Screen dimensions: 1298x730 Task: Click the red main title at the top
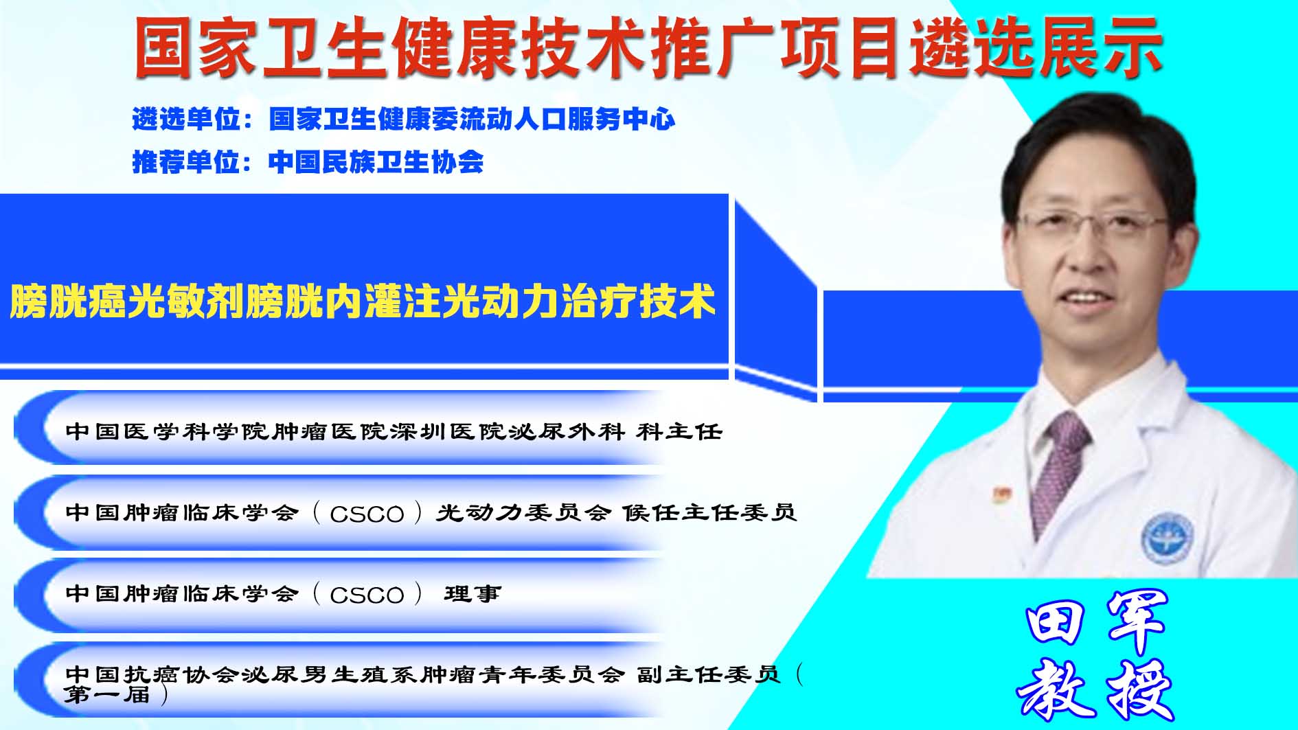tap(648, 47)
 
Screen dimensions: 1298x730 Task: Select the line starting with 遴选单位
tap(404, 119)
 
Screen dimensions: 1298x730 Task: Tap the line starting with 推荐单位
tap(308, 162)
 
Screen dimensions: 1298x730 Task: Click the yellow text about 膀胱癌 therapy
tap(363, 301)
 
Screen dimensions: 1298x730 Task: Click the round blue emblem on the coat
tap(1167, 538)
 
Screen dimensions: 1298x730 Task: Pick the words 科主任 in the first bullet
tap(679, 432)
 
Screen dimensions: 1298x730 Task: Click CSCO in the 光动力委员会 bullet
tap(367, 514)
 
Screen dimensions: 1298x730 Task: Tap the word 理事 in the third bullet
tap(472, 594)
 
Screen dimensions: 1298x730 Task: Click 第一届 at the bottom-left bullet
tap(108, 695)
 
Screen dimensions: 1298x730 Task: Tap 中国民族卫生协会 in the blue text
tap(376, 162)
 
